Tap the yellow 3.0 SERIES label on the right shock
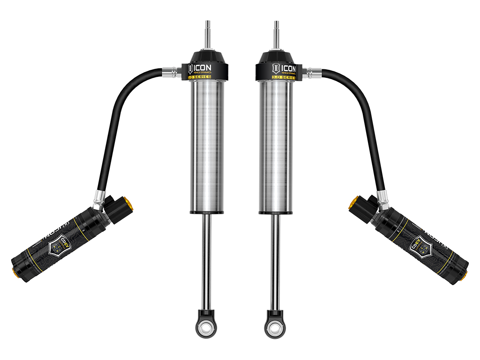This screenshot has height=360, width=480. pos(282,77)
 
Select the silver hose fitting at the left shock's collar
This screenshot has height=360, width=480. pos(170,72)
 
